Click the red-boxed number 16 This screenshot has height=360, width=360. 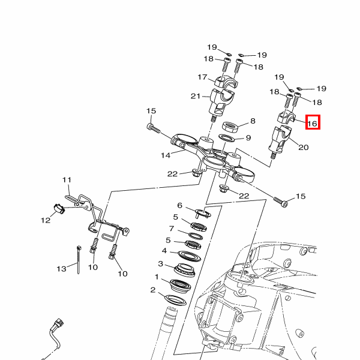pos(313,124)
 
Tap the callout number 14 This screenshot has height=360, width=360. pos(166,155)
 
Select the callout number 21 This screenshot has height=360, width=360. pos(196,96)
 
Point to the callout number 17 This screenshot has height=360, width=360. pos(203,77)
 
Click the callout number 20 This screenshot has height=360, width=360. pos(303,147)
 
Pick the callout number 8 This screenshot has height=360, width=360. pos(253,121)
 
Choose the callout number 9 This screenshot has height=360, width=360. pos(248,138)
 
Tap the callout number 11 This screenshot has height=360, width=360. pos(67,180)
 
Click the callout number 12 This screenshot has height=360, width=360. pos(46,220)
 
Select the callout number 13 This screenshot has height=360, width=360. pos(61,269)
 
